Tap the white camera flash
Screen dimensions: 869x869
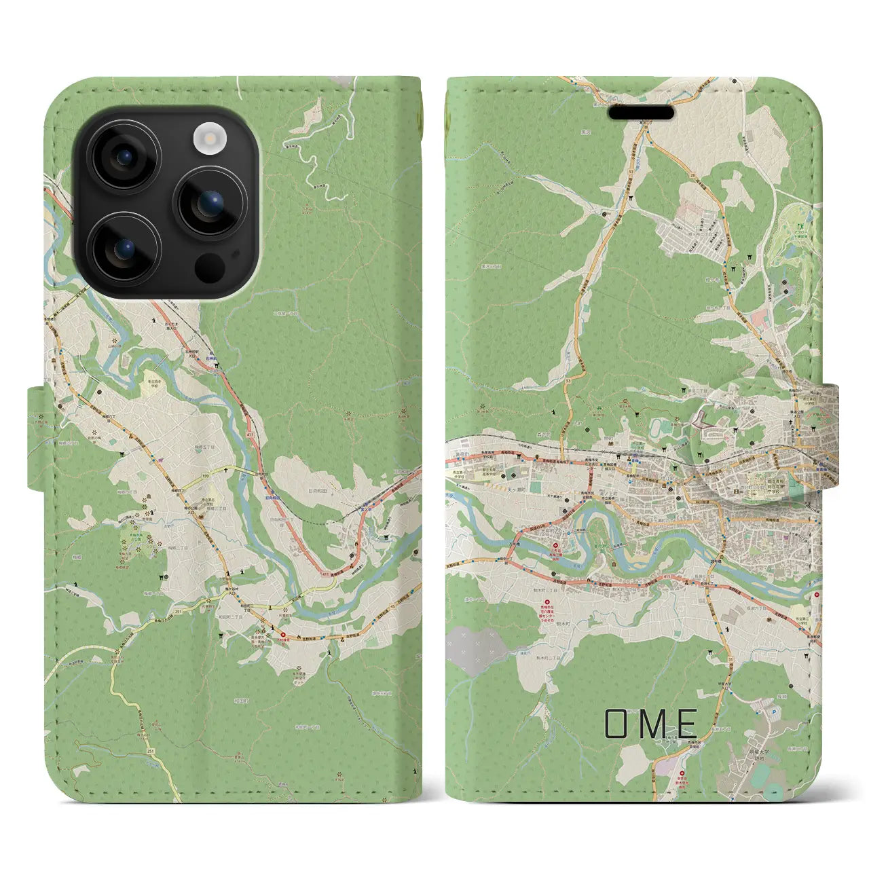208,139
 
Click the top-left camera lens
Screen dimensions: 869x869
124,157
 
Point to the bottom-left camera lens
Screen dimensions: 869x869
124,249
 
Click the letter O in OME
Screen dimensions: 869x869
617,724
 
